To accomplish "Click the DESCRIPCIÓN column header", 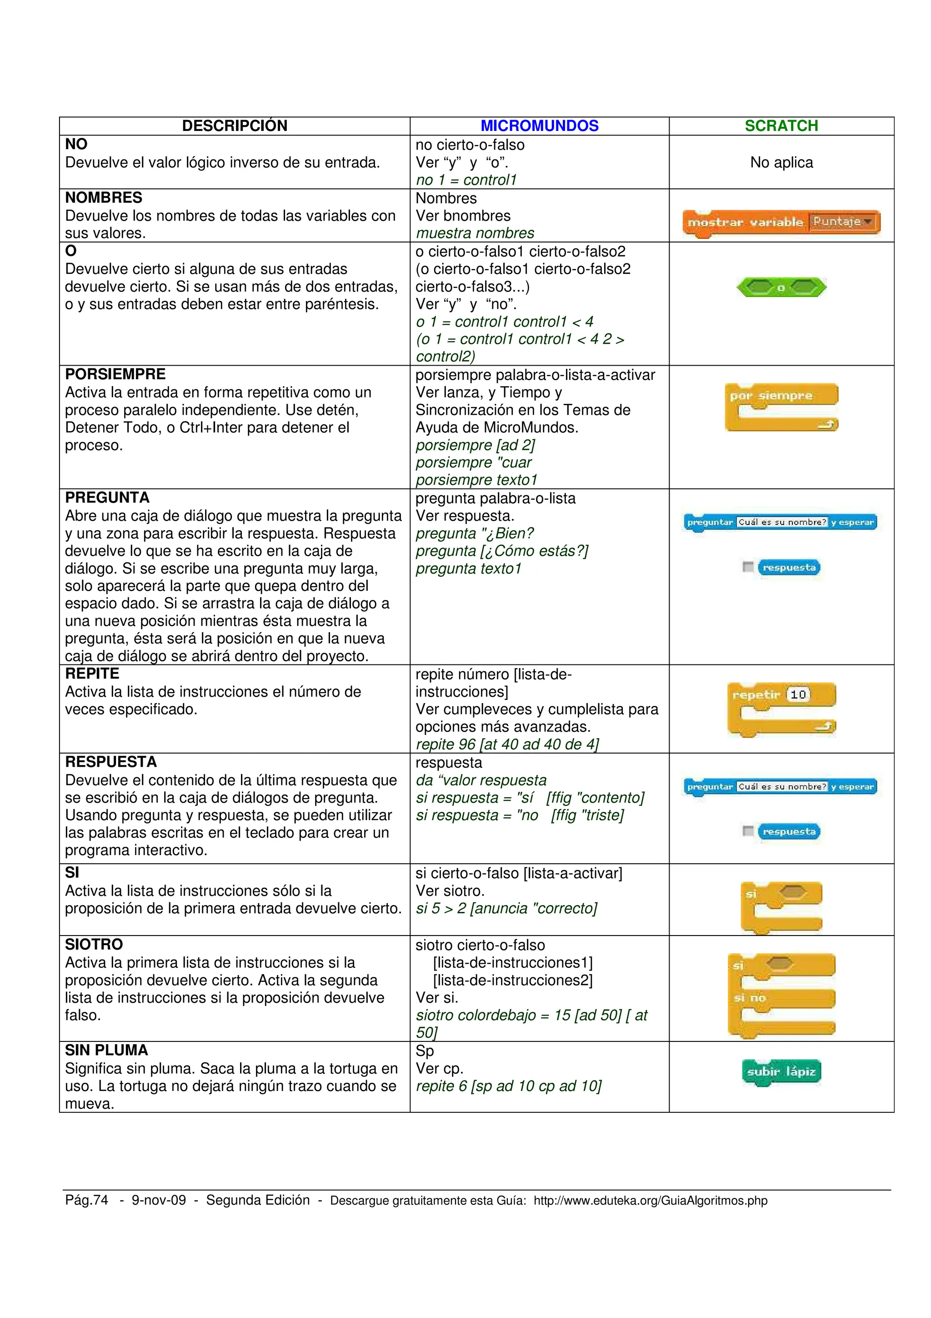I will (x=235, y=126).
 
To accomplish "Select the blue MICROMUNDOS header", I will (x=539, y=126).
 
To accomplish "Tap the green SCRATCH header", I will (x=781, y=126).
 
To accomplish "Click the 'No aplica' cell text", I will (x=781, y=162).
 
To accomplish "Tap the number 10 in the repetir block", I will (x=798, y=694).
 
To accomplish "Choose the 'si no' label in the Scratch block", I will (x=750, y=998).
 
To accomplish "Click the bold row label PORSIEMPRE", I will (x=115, y=374).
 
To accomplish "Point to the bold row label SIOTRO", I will (x=94, y=944).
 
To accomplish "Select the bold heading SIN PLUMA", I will (x=107, y=1050).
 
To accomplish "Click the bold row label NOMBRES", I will (x=104, y=197).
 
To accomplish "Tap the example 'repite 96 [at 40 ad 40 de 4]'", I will (x=507, y=745).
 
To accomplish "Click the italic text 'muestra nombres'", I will (x=475, y=233).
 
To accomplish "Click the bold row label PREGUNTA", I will (x=107, y=498).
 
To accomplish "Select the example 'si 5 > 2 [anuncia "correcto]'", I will (x=506, y=909).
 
